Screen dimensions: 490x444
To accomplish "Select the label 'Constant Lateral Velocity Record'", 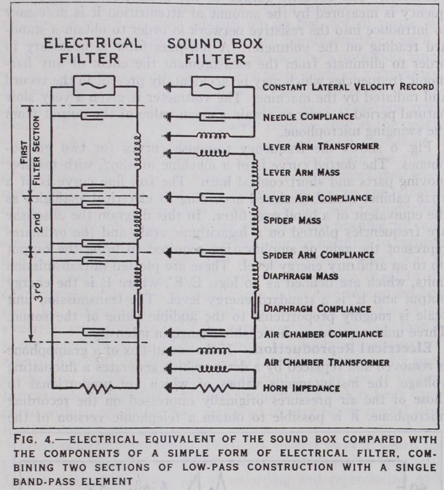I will tap(348, 87).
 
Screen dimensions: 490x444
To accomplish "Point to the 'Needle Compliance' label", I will tap(309, 117).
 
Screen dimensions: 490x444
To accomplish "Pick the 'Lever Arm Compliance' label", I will tap(316, 198).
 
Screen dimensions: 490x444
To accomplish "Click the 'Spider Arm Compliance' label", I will tap(318, 255).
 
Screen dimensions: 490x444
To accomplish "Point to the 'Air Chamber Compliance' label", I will tap(322, 334).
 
